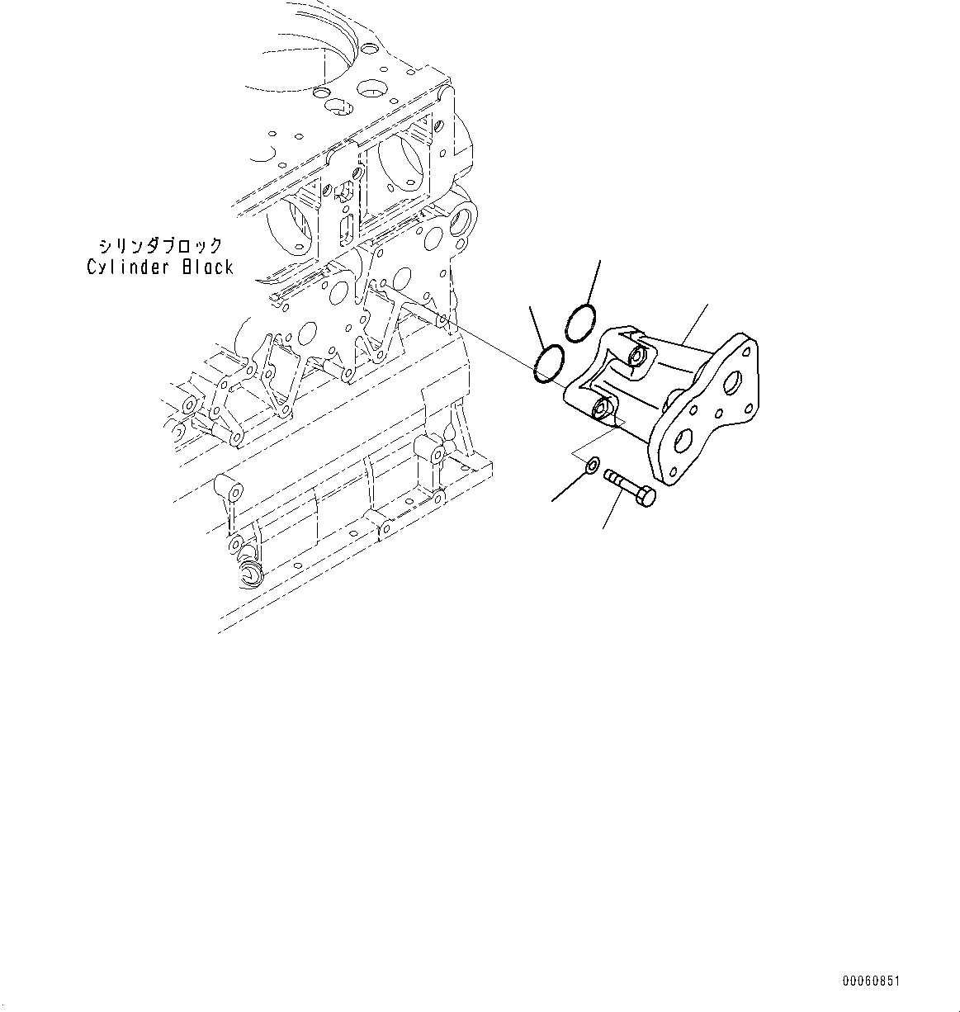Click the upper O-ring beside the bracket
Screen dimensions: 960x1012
pyautogui.click(x=579, y=322)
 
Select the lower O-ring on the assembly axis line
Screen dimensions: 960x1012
pyautogui.click(x=549, y=363)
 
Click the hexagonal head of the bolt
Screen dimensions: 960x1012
pyautogui.click(x=645, y=497)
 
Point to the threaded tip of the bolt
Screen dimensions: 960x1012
pyautogui.click(x=611, y=475)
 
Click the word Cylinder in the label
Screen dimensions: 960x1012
pyautogui.click(x=129, y=267)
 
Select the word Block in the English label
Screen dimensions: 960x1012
pyautogui.click(x=205, y=267)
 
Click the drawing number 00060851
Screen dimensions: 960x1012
pyautogui.click(x=871, y=981)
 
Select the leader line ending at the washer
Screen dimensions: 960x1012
pyautogui.click(x=568, y=486)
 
